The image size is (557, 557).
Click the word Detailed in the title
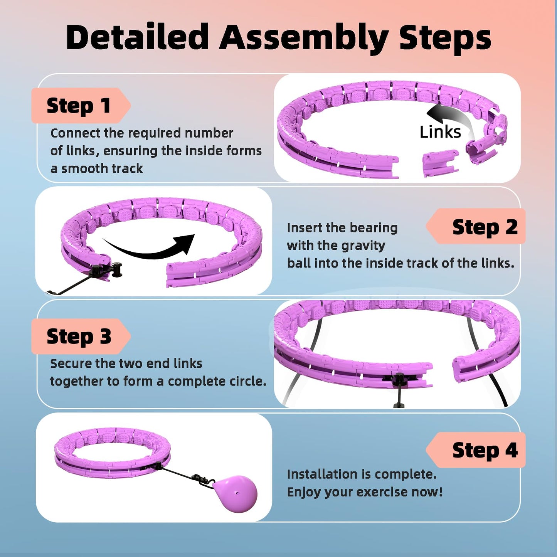pos(137,37)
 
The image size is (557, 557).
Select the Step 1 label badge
pos(79,106)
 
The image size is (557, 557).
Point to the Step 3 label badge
pos(79,336)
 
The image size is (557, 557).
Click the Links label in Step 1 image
pos(440,132)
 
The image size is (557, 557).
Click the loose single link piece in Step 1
pos(440,162)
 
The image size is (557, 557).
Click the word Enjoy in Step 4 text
pos(304,492)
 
